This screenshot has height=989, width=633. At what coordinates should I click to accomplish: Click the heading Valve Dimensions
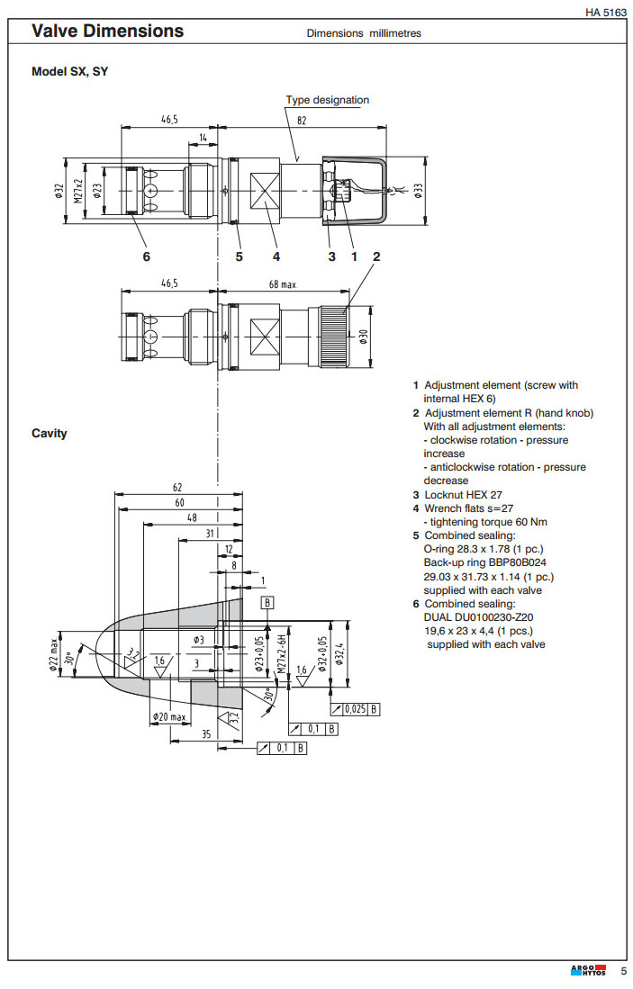coord(107,31)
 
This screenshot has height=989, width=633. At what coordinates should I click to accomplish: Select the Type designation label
coord(327,100)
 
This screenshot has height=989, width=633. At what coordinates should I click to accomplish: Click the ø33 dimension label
coord(417,190)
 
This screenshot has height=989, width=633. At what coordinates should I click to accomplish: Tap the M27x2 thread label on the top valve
coord(78,191)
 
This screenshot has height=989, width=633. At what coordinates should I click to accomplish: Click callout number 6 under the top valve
coord(146,256)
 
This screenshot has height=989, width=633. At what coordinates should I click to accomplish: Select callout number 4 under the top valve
coord(276,256)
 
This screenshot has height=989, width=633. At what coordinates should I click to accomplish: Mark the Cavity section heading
coord(50,434)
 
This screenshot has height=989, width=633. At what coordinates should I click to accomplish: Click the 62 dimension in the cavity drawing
coord(177,488)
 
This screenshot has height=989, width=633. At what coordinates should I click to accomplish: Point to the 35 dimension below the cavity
coord(206,733)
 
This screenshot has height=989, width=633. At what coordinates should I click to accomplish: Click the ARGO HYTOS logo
coord(588,971)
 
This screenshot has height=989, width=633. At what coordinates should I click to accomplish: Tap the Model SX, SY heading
coord(69,71)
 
